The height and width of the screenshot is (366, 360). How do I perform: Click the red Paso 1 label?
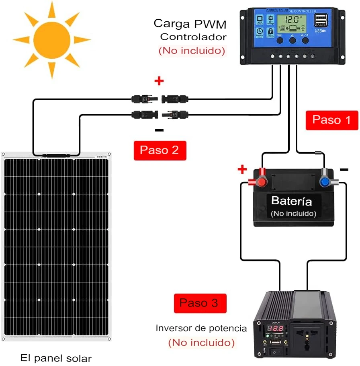pyautogui.click(x=331, y=120)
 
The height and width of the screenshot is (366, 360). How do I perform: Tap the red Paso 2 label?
pyautogui.click(x=160, y=150)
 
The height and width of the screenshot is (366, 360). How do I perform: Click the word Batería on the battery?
pyautogui.click(x=291, y=201)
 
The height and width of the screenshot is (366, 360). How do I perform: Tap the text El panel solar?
pyautogui.click(x=56, y=358)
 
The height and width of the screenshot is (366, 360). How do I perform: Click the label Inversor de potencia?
pyautogui.click(x=201, y=328)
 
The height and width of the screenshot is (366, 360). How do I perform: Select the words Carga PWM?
pyautogui.click(x=190, y=24)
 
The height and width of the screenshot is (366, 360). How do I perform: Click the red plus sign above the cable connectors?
pyautogui.click(x=159, y=81)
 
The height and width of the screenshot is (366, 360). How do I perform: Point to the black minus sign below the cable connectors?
pyautogui.click(x=159, y=130)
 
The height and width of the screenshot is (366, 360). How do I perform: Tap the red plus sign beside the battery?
pyautogui.click(x=242, y=169)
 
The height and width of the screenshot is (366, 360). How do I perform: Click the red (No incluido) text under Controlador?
pyautogui.click(x=192, y=51)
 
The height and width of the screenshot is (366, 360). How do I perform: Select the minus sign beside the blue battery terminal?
pyautogui.click(x=344, y=170)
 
